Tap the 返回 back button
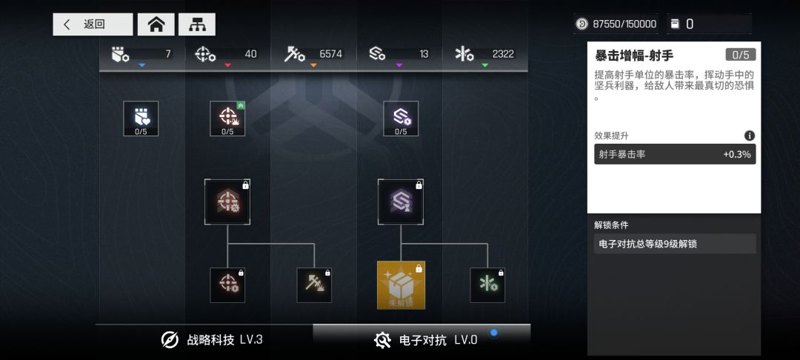(93, 24)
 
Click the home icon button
(156, 24)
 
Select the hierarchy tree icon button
(197, 24)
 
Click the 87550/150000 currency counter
(616, 24)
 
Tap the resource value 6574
(331, 54)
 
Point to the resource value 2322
(503, 54)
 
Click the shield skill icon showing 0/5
(141, 119)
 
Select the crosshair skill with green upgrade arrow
(227, 119)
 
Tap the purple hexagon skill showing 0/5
(401, 119)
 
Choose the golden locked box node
(401, 285)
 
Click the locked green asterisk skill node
(487, 285)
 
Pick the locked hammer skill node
(314, 285)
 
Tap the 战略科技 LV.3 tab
(212, 340)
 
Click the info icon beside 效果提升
(750, 136)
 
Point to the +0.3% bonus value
(737, 155)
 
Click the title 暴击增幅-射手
(634, 56)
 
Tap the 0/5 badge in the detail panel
(740, 55)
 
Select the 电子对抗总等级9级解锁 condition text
(646, 244)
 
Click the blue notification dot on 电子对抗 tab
(494, 333)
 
